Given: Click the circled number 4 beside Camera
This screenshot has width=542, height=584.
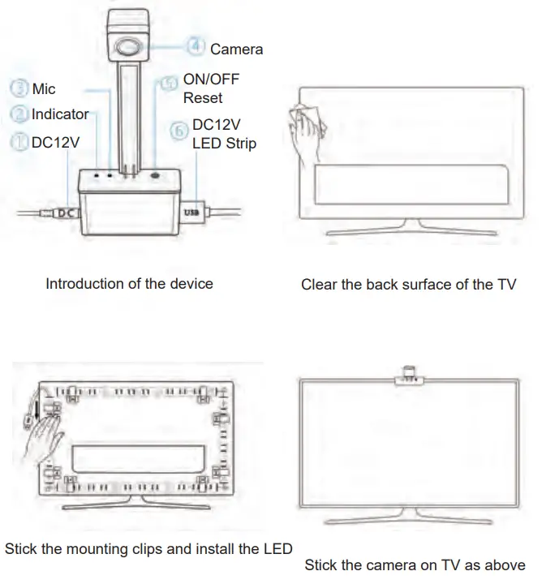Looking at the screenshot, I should point(196,47).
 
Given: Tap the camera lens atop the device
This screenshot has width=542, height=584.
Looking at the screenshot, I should point(128,45).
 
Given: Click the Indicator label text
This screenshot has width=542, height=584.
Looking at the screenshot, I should point(59,114).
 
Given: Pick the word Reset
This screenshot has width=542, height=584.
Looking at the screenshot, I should point(203,98).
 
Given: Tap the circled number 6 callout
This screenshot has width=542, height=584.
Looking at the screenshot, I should point(180,131).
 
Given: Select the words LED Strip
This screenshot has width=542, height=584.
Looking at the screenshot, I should point(224,144).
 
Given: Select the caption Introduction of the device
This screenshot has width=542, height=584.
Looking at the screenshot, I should point(129,284).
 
